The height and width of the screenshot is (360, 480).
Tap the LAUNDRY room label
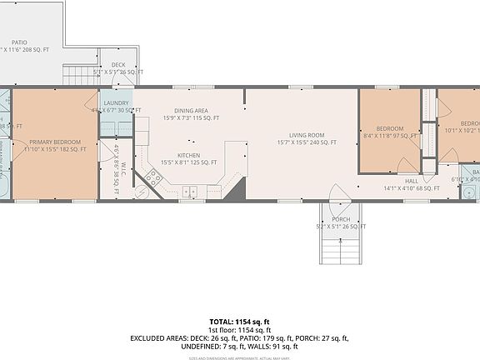pos(116,102)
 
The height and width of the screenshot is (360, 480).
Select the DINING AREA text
pos(191,110)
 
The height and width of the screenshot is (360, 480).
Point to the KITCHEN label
pos(188,156)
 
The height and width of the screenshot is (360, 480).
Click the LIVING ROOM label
pos(307,135)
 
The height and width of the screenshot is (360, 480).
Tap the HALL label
pos(412,180)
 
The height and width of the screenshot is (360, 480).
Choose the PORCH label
pos(341,220)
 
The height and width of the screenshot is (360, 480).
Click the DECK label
pos(118,64)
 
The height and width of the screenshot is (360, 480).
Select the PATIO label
pos(18,42)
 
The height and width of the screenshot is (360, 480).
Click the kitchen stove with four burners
pos(152,177)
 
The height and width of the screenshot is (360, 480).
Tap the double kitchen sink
pos(190,192)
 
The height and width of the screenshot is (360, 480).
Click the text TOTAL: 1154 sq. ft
pos(239,322)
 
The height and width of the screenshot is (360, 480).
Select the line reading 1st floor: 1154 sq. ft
pos(239,330)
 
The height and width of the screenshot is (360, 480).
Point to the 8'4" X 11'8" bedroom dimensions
pos(389,135)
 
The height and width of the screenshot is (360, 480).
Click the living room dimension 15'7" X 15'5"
pos(307,142)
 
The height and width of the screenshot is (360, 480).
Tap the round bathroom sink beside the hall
pos(472,193)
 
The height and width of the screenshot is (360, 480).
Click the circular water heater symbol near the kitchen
pos(141,192)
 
